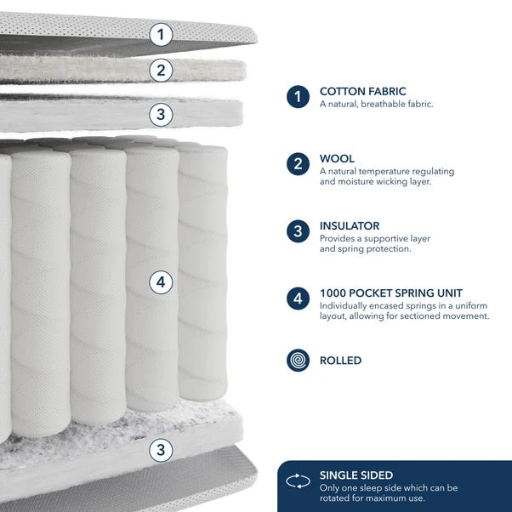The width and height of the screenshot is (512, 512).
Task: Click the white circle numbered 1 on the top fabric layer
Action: click(x=162, y=35)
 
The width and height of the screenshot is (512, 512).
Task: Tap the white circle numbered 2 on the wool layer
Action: click(x=162, y=70)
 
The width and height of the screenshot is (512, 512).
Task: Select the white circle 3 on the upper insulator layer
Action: click(x=162, y=113)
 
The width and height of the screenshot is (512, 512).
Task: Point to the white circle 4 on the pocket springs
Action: click(x=162, y=282)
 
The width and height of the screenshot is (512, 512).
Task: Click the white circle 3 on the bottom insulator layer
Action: click(x=162, y=448)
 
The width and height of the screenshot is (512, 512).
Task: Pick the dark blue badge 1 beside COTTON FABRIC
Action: click(x=298, y=97)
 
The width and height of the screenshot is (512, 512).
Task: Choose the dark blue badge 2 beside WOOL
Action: click(x=298, y=164)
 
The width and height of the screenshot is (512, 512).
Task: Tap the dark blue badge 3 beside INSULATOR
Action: click(x=298, y=231)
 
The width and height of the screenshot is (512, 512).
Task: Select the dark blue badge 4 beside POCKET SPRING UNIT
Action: click(x=298, y=299)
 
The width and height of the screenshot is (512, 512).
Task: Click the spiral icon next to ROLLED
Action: click(x=298, y=361)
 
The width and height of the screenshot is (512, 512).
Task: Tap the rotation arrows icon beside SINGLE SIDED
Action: click(x=298, y=481)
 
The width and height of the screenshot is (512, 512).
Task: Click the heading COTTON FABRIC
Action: click(x=362, y=91)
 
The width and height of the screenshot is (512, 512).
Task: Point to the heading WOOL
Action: click(x=337, y=158)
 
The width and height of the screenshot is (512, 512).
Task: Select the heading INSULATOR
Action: click(x=350, y=225)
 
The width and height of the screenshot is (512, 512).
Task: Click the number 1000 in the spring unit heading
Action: click(x=334, y=293)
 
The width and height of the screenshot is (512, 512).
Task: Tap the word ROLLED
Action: click(x=340, y=361)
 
